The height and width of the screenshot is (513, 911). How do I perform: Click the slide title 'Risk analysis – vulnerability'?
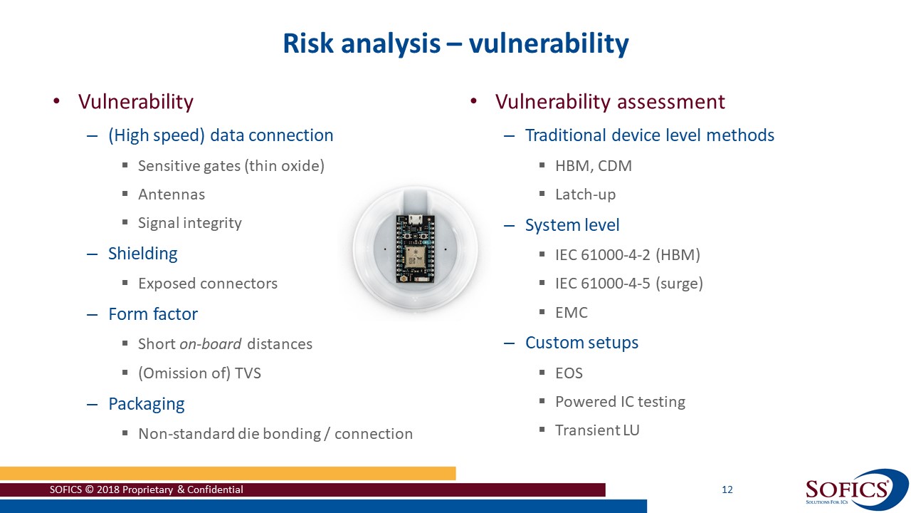455,43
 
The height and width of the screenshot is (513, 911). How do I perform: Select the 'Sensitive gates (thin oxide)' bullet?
231,166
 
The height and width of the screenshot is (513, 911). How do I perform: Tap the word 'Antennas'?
171,195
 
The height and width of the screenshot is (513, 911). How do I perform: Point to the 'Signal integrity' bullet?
189,223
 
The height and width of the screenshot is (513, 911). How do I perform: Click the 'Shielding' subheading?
142,254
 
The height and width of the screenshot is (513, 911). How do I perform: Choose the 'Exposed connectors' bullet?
207,284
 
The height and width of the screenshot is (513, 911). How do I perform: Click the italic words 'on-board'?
210,344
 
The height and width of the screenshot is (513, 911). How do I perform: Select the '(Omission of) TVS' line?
199,373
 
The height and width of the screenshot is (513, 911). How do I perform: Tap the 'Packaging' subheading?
146,404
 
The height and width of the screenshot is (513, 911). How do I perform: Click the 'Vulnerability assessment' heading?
610,102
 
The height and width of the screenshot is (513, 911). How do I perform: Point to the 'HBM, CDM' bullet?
593,166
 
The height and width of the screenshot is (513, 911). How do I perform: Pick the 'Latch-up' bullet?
585,195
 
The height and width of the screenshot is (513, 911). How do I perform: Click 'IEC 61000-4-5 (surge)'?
628,284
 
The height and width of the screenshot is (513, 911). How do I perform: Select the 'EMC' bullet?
571,313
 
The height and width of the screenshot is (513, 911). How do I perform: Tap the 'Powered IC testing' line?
620,402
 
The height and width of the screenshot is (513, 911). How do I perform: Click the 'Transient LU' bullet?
597,430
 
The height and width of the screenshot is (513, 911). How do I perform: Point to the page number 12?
727,489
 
